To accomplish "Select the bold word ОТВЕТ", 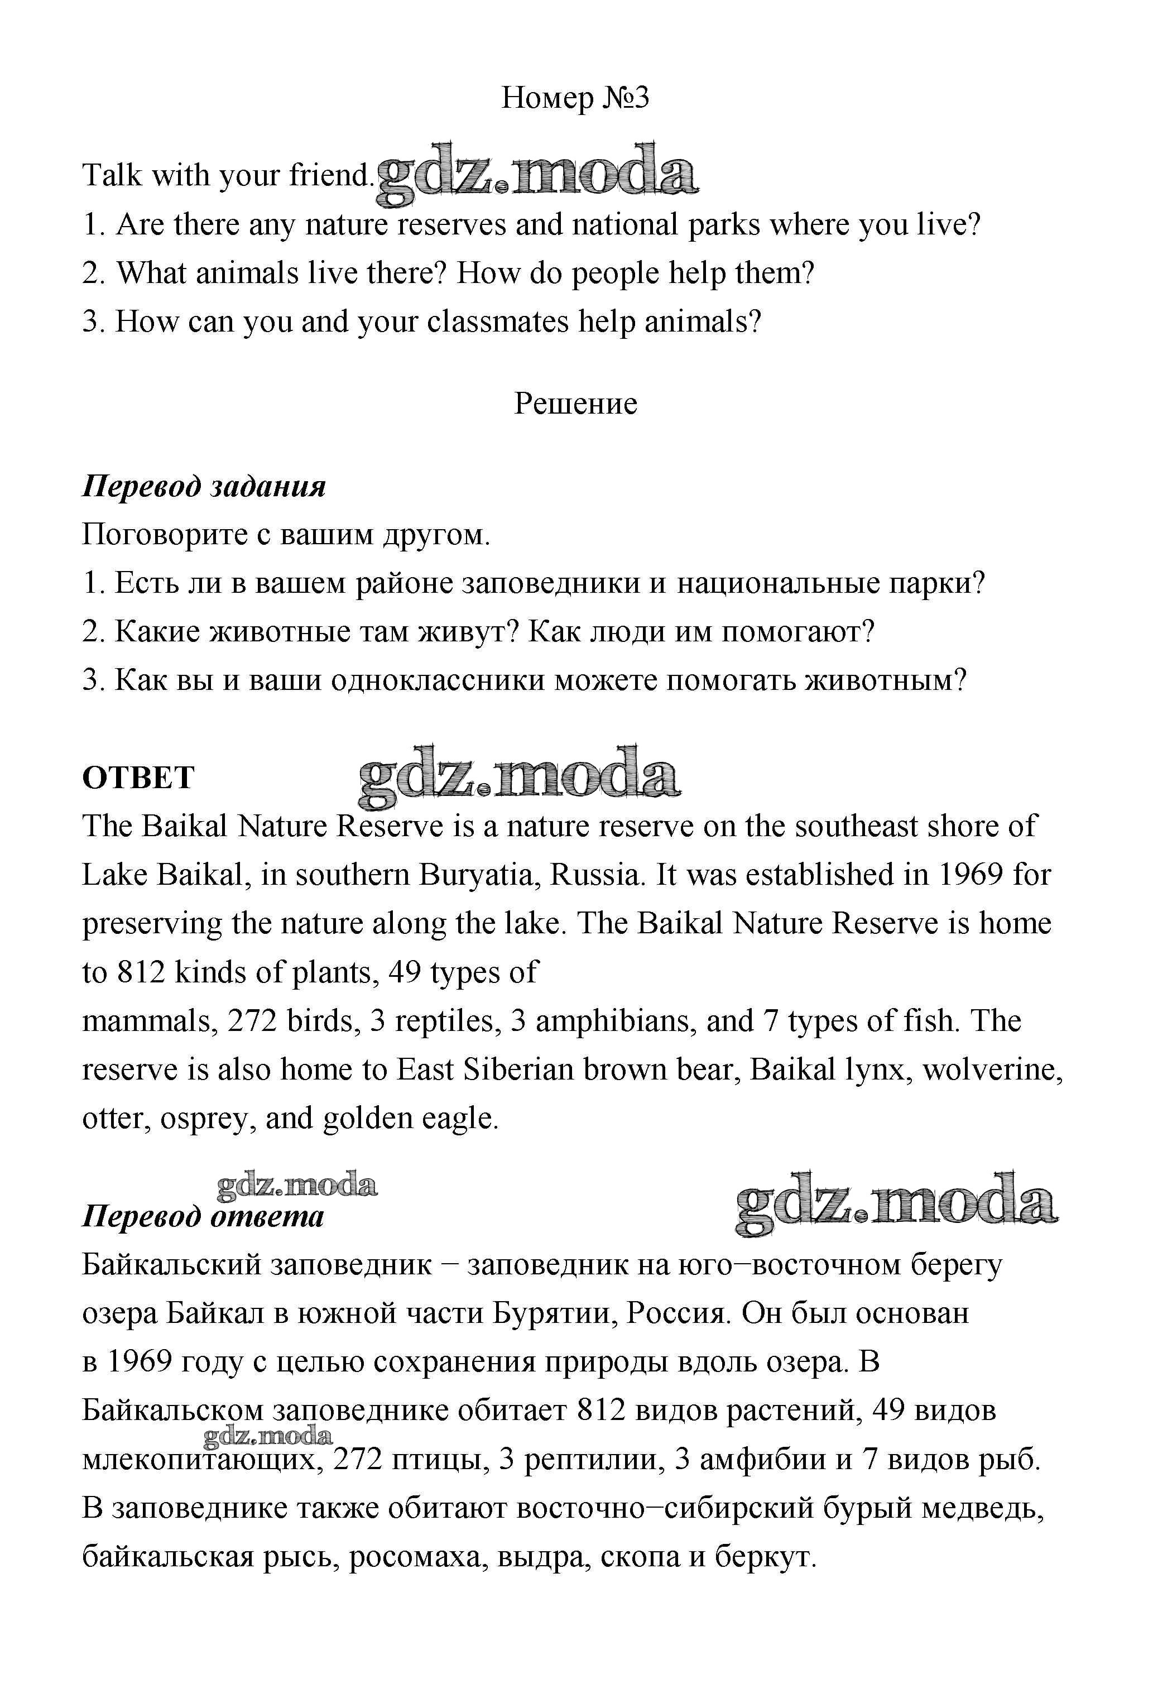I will pyautogui.click(x=138, y=778).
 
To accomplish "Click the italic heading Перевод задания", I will pyautogui.click(x=204, y=486).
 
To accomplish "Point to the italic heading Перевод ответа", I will pyautogui.click(x=203, y=1216).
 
